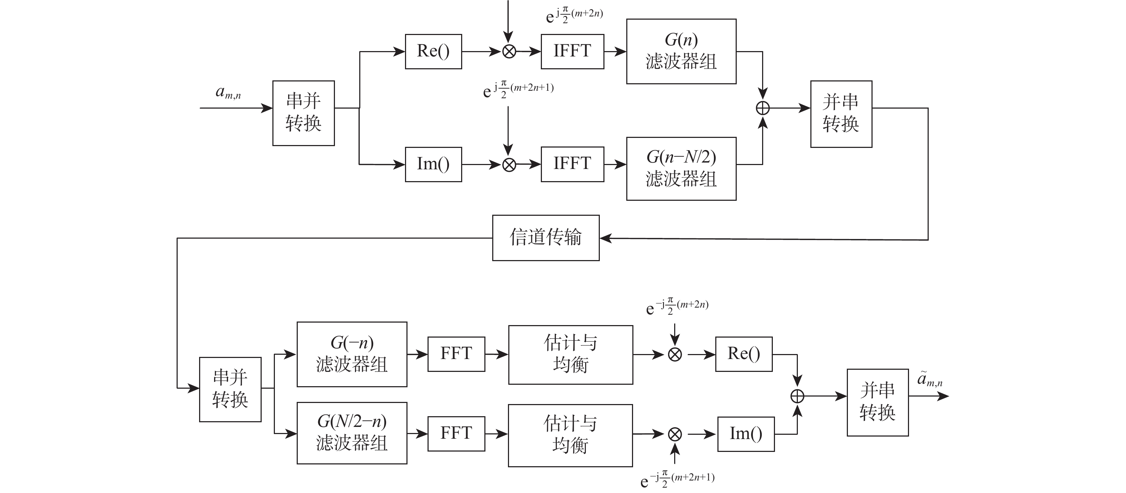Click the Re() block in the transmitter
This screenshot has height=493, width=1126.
[x=433, y=51]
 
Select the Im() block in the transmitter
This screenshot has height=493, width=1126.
[x=433, y=164]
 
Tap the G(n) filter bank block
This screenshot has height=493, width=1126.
[x=681, y=51]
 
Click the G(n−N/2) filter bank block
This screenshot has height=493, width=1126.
[x=681, y=169]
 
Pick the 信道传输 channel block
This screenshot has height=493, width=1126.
[x=545, y=238]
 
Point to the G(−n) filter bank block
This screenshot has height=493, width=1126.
[x=352, y=354]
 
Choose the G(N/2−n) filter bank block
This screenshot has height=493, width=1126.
[x=352, y=433]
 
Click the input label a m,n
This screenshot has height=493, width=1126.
[x=228, y=93]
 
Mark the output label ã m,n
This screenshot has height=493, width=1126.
[x=929, y=379]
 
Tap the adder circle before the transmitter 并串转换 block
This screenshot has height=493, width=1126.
[x=763, y=108]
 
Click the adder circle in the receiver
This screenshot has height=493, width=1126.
[x=797, y=396]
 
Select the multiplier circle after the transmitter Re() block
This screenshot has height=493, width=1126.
[x=509, y=51]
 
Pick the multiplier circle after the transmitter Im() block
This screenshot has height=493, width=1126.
[x=509, y=165]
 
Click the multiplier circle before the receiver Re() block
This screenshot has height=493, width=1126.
[x=675, y=354]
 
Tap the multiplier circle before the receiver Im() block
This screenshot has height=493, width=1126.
[x=675, y=434]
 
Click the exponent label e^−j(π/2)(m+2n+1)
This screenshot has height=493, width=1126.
[x=677, y=479]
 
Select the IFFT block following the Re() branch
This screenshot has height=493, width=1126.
[x=572, y=51]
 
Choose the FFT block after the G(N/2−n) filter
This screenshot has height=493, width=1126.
[x=456, y=434]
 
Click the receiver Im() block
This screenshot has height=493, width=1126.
[x=746, y=434]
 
